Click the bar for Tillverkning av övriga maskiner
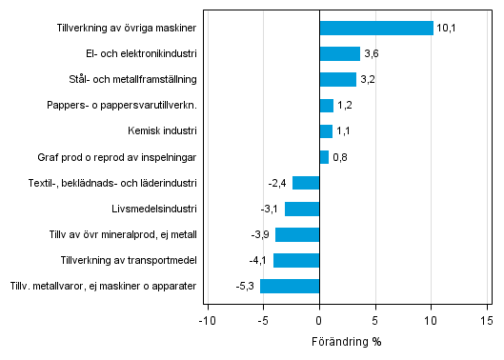coord(376,29)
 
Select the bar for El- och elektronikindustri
coord(340,54)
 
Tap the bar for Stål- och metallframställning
coord(337,80)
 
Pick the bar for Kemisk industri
coord(326,131)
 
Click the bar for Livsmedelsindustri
coord(302,209)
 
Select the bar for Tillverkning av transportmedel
coord(296,260)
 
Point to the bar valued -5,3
coord(290,286)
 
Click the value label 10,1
coord(448,29)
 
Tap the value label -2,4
coord(276,183)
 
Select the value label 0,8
coord(339,157)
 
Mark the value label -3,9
coord(260,234)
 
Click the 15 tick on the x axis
coord(487,321)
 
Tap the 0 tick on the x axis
coord(319,321)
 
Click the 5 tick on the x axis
coord(375,321)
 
